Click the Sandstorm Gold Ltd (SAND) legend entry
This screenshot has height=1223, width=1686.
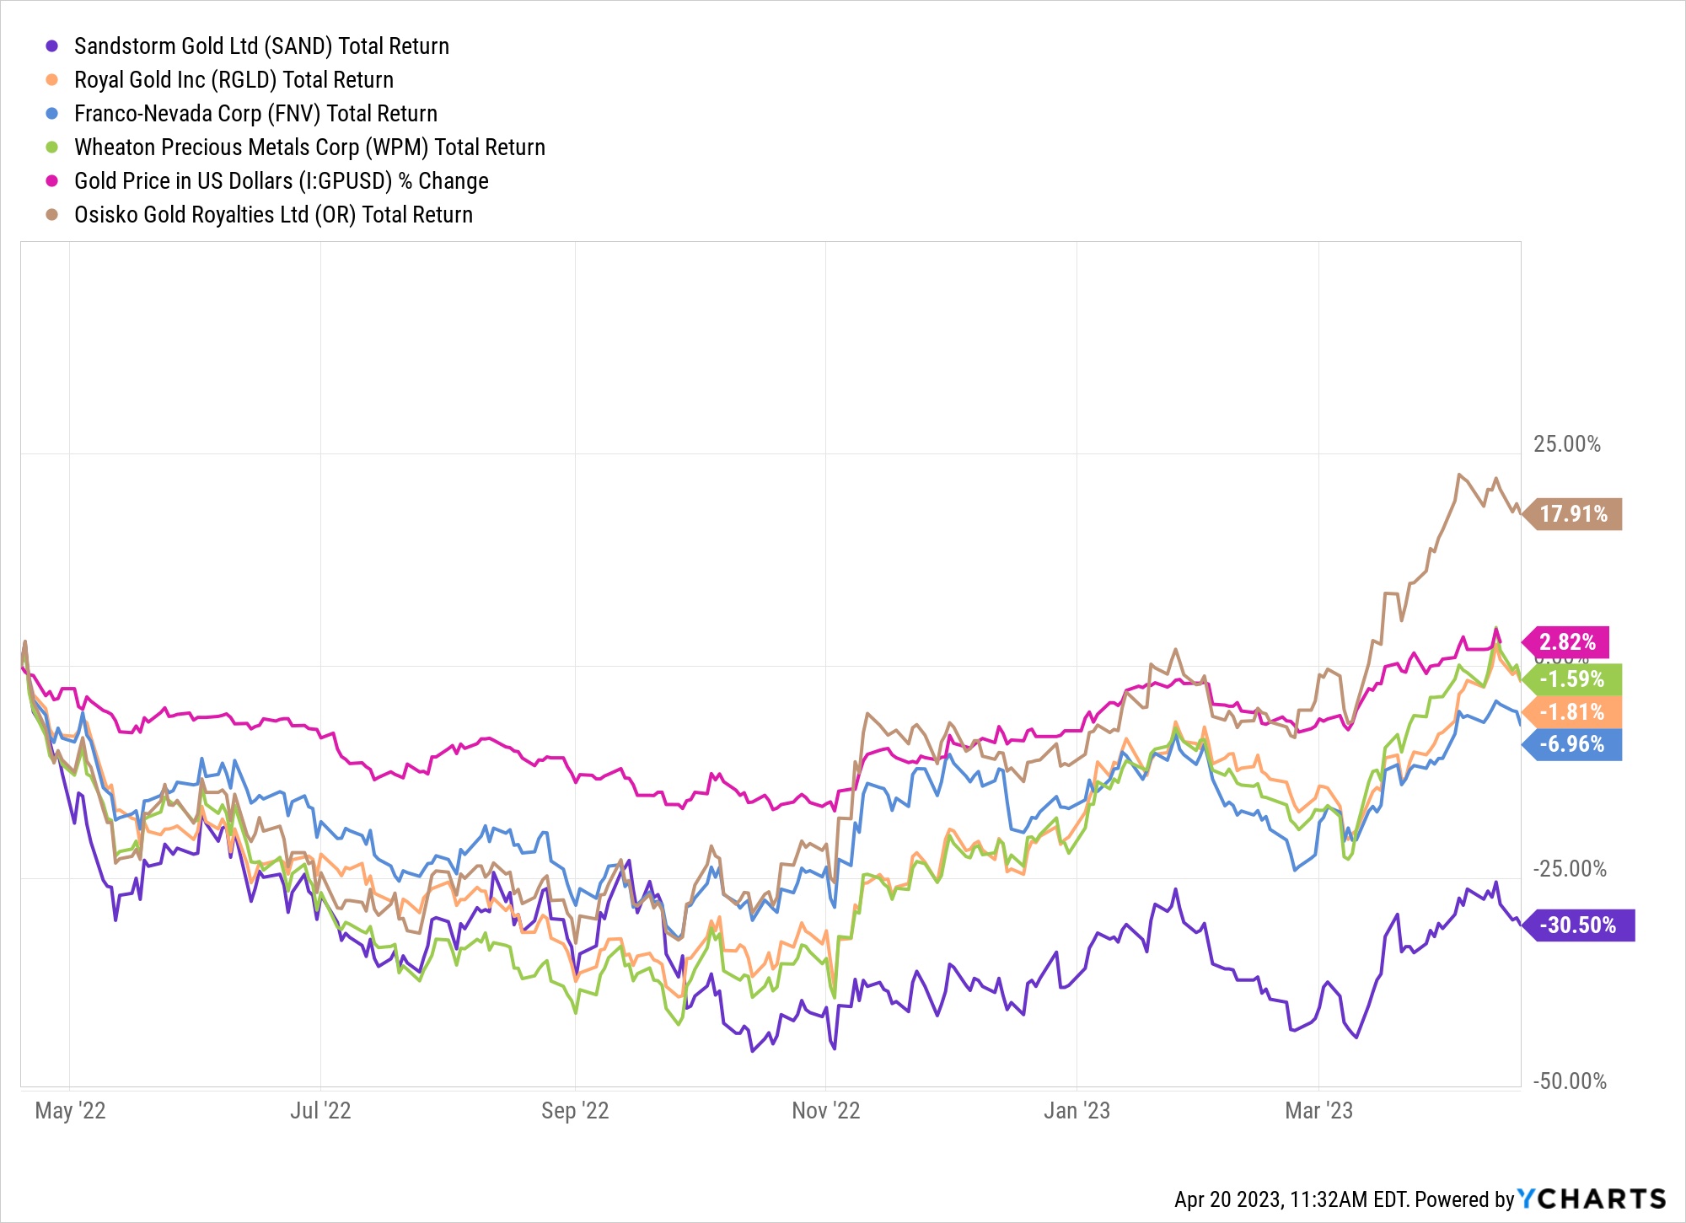coord(261,46)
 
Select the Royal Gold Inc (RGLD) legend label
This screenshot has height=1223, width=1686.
coord(234,80)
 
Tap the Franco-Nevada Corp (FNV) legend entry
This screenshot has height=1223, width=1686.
coord(255,114)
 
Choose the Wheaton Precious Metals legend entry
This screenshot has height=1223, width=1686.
coord(309,148)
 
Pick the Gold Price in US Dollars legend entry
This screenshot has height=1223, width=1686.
coord(281,181)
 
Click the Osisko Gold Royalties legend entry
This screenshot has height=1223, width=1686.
coord(273,215)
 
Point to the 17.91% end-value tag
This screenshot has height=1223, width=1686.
coord(1573,514)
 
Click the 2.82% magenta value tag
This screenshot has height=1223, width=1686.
coord(1567,642)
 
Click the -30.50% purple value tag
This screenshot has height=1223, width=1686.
coord(1579,925)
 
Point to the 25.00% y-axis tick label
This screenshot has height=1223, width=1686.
coord(1566,444)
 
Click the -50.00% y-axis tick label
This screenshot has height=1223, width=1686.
coord(1569,1081)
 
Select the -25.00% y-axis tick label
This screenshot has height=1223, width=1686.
coord(1569,869)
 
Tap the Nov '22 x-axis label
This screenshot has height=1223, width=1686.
coord(825,1111)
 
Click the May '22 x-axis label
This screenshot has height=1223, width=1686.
coord(70,1111)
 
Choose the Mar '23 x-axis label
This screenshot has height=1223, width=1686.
coord(1318,1111)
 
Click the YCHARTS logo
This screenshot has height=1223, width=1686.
coord(1592,1199)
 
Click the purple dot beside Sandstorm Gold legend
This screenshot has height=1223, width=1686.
coord(52,46)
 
